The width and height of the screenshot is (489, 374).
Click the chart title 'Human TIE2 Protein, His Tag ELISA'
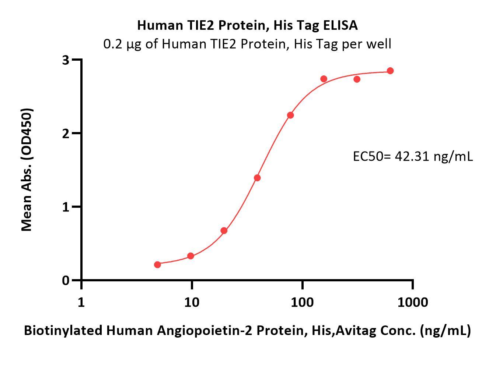point(247,25)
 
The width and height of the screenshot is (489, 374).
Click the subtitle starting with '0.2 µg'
point(247,44)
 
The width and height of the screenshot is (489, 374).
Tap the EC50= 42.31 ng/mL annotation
point(413,157)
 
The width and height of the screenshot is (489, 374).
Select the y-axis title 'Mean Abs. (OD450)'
point(27,170)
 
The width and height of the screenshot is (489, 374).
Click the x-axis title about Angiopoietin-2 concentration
point(247,331)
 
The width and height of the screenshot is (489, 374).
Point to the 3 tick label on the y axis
point(66,60)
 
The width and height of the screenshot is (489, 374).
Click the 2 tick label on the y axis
point(66,133)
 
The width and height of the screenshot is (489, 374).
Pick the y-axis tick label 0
point(66,280)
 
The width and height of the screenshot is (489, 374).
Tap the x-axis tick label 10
point(192,302)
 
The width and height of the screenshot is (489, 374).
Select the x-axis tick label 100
point(302,302)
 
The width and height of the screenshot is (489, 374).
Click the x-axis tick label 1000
point(412,302)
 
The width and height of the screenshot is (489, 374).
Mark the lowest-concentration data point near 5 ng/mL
point(158,265)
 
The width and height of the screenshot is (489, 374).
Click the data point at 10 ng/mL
point(191,256)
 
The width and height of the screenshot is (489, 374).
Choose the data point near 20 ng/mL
point(224,231)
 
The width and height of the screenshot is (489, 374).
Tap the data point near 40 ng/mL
point(257,178)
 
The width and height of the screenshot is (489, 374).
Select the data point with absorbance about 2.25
point(290,115)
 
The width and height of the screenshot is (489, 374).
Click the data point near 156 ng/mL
point(324,79)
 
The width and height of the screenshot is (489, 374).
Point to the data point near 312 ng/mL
point(357,79)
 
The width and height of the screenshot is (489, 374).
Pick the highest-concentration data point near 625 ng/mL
point(390,71)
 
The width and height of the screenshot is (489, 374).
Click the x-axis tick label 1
point(81,302)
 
